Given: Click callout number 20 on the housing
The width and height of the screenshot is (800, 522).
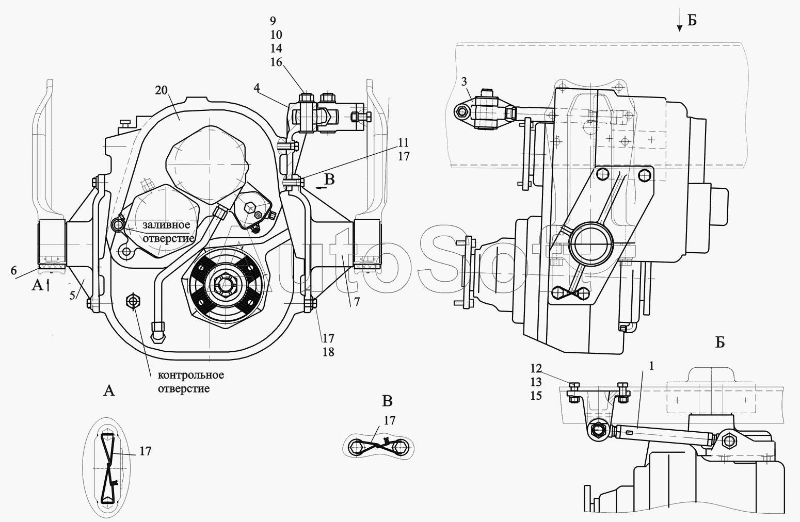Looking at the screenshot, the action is pos(162,90).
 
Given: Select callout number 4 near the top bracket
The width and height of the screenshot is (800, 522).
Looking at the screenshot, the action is pos(257,87).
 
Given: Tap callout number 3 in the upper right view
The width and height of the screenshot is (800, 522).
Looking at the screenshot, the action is pos(463,81).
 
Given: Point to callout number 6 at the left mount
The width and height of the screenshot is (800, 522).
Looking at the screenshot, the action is pos(13,270).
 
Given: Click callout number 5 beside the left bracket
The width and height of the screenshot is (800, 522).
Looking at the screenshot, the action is pos(72,296).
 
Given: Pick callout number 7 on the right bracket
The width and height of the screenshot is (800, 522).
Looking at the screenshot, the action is pos(357,302).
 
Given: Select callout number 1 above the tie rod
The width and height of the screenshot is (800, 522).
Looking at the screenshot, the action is pos(651,366).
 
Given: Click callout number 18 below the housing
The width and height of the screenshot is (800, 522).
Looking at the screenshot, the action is pos(328,352).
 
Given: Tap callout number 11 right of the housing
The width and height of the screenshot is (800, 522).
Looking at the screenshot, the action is pos(404,142).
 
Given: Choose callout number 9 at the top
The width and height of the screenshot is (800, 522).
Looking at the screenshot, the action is pos(273,21).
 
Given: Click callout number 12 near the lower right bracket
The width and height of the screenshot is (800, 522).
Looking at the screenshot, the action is pos(536,368).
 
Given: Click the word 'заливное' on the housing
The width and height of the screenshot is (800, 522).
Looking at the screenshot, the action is pos(166,225).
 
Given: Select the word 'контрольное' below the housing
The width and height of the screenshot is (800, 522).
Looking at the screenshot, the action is pos(191,376).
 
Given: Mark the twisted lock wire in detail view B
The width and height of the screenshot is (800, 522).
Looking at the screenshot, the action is pos(378,446).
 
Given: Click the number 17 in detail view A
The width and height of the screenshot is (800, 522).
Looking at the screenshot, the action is pos(145,451).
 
